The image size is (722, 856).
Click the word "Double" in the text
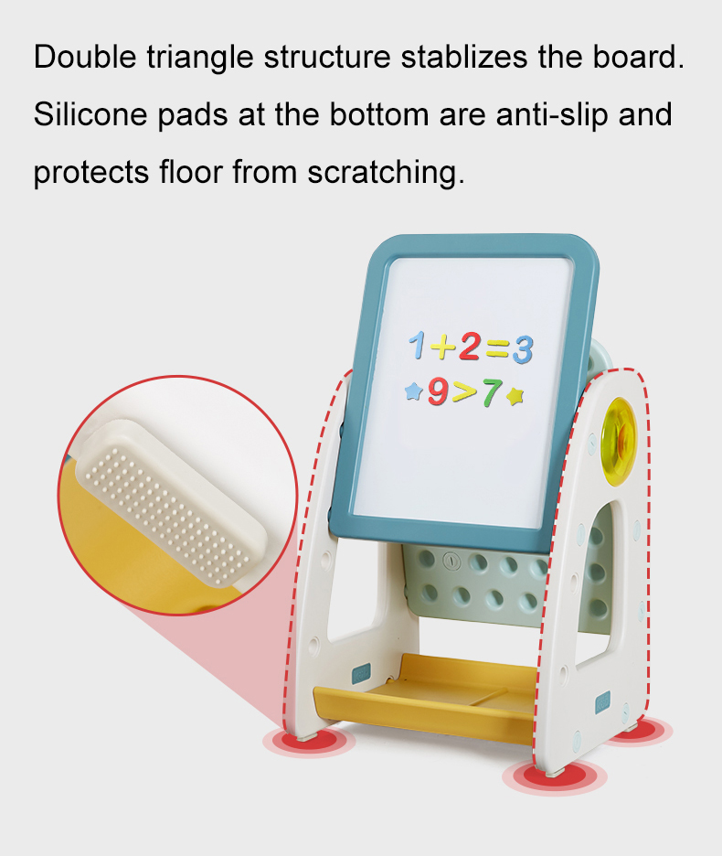pos(85,57)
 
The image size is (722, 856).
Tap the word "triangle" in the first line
pos(200,58)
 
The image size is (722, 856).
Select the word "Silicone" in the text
pos(90,114)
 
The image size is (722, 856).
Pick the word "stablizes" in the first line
pos(464,57)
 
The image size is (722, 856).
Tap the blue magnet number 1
pos(418,345)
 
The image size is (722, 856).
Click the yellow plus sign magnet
pos(442,347)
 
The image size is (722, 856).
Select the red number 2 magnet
pos(470,347)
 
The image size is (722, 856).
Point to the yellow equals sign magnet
pos(497,348)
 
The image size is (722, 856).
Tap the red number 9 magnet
pos(438,391)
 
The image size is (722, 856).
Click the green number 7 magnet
pos(491,392)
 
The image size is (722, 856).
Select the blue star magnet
pos(414,391)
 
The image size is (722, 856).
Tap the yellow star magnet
pos(515,395)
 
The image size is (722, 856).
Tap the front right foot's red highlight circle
pos(555,776)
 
